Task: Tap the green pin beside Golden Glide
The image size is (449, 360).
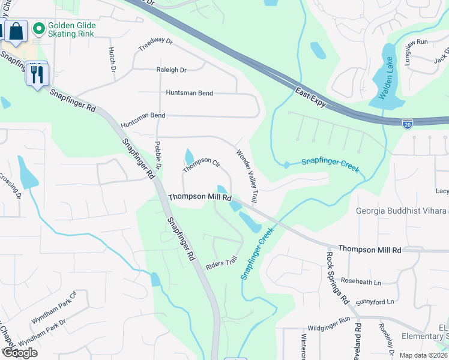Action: coord(39,28)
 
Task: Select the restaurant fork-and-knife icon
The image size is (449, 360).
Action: coord(37,74)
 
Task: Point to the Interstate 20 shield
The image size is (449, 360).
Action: coord(408,123)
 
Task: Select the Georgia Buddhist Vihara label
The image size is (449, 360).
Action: coord(401,211)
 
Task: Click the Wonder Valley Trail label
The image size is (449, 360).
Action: coord(248,175)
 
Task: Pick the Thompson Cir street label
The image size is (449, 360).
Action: coord(202,164)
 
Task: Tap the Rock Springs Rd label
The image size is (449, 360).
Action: coord(337,277)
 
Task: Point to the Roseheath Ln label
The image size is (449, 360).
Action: coord(361,282)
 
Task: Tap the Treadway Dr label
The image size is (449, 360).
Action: coord(155,46)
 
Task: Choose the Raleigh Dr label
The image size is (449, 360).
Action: coord(171,70)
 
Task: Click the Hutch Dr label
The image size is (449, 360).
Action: coord(112,61)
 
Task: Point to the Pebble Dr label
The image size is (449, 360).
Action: coord(159,154)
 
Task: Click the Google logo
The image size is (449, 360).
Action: coord(20,353)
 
